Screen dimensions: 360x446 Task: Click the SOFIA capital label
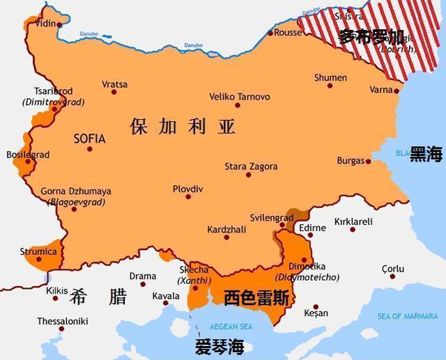[89, 139]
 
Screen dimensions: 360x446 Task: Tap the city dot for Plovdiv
[187, 197]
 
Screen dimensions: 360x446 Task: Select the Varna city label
[380, 90]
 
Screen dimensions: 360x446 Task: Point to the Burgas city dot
[369, 162]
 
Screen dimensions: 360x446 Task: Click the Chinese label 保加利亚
[183, 127]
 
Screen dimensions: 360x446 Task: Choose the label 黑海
[426, 154]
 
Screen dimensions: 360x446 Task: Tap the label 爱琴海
[220, 347]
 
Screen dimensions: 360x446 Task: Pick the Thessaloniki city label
[63, 321]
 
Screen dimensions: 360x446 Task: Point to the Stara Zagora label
[251, 166]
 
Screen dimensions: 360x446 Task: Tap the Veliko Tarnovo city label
[240, 96]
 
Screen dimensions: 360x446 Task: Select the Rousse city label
[289, 33]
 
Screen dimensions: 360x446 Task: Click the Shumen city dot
[330, 86]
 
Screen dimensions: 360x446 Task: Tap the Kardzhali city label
[227, 229]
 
